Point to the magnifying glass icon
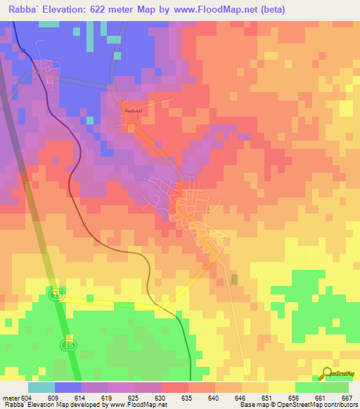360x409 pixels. click(x=327, y=372)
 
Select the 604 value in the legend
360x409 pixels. click(x=27, y=397)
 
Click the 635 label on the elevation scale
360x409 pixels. click(x=187, y=397)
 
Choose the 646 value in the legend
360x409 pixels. click(x=240, y=397)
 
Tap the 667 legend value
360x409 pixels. click(x=346, y=397)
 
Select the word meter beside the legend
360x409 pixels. click(x=11, y=397)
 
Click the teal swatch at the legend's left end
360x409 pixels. click(x=41, y=387)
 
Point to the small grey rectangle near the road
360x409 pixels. click(x=234, y=280)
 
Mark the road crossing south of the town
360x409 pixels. click(x=160, y=307)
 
